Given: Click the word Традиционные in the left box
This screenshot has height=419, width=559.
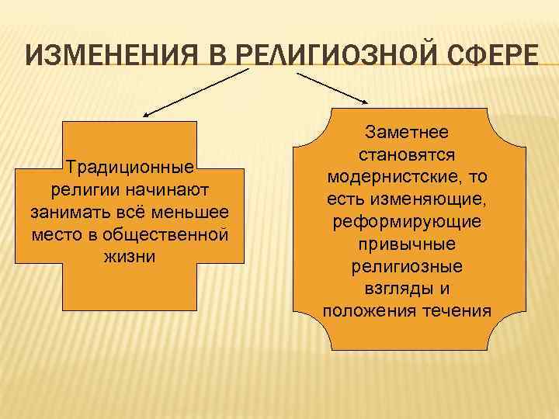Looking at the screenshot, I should pos(130,167).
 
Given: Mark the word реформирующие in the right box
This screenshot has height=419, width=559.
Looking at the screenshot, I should pos(407,222).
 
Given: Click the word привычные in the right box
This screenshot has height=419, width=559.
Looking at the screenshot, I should pos(407,244).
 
